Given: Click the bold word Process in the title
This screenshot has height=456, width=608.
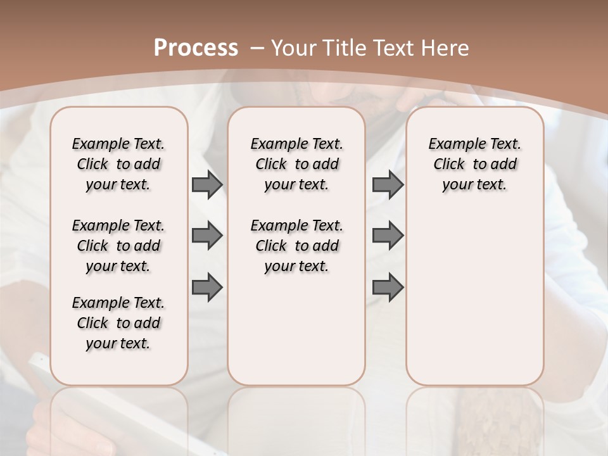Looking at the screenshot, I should coord(196,47).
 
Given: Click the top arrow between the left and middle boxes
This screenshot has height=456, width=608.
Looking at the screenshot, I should coord(207,184).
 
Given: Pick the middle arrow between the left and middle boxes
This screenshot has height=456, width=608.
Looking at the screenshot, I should coord(207,236).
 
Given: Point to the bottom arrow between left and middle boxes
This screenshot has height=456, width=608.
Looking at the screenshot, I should coord(207,288).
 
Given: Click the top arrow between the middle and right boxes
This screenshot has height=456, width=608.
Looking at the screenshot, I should coord(388,184).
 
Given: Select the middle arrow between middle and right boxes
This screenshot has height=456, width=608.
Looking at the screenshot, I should coord(388,236).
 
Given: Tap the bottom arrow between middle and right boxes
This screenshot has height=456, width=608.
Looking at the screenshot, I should coord(388,288).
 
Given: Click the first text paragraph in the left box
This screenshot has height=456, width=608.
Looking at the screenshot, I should coord(118,164).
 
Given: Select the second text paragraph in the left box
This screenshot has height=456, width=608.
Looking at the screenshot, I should coord(118,246).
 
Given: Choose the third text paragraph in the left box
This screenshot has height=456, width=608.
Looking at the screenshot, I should coord(118,323).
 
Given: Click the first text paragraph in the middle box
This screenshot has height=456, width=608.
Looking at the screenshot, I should coord(296,164).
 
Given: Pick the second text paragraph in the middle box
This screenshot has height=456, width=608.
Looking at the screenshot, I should coord(296,246).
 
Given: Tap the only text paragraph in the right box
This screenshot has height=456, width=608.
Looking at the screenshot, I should coord(474,164).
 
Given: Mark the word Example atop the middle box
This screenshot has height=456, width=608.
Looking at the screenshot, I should coord(274,144).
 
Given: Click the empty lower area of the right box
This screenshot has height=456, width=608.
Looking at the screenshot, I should coord(474,304).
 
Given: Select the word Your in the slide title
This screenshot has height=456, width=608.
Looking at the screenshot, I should coord(289,47).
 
